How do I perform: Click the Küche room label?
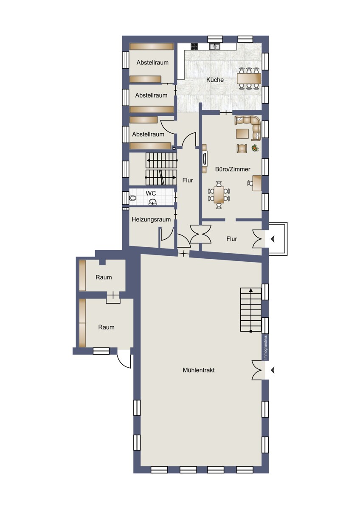pyautogui.click(x=215, y=80)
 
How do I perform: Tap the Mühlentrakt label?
pyautogui.click(x=199, y=370)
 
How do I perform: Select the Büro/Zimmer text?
pyautogui.click(x=233, y=169)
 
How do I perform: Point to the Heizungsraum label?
pyautogui.click(x=151, y=220)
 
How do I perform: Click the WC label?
pyautogui.click(x=151, y=193)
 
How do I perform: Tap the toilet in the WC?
pyautogui.click(x=132, y=198)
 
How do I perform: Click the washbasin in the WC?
pyautogui.click(x=152, y=202)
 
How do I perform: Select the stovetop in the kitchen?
pyautogui.click(x=194, y=46)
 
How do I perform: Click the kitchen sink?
pyautogui.click(x=215, y=46)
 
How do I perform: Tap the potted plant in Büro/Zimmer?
pyautogui.click(x=255, y=148)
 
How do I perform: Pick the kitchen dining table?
pyautogui.click(x=249, y=78)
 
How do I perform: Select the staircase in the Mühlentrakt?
pyautogui.click(x=251, y=310)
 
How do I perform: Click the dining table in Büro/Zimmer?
pyautogui.click(x=219, y=195)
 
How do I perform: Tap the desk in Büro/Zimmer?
pyautogui.click(x=257, y=183)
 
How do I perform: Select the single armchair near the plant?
pyautogui.click(x=242, y=148)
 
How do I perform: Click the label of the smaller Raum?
pyautogui.click(x=104, y=277)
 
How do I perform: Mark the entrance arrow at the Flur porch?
pyautogui.click(x=273, y=239)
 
